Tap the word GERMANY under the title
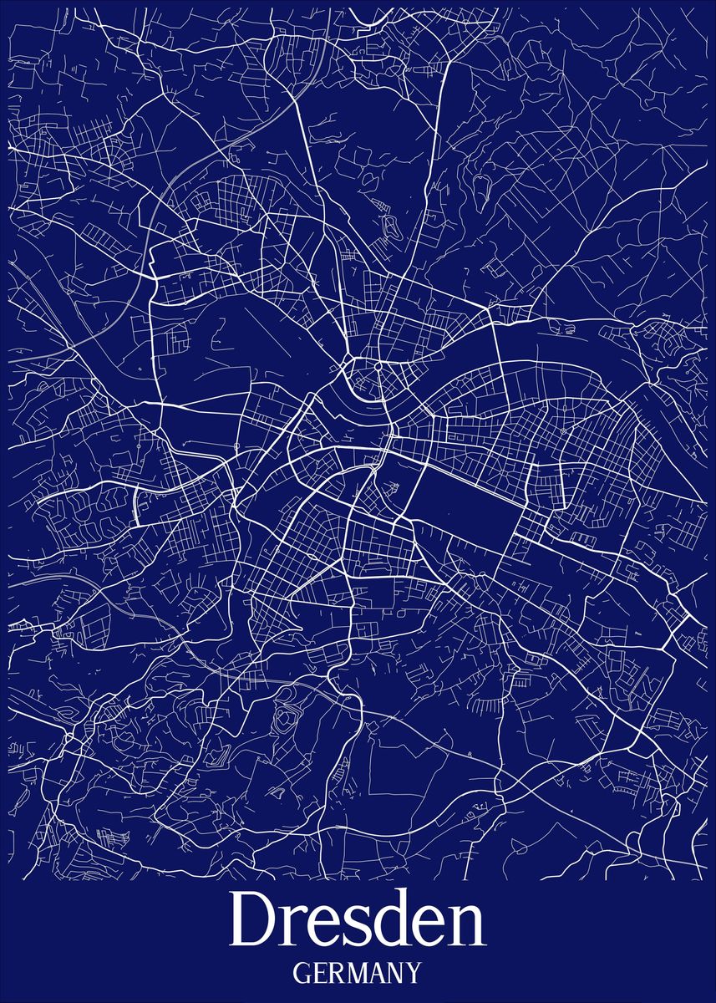point(358,974)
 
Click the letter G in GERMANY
point(302,974)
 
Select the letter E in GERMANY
point(320,974)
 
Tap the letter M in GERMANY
point(357,974)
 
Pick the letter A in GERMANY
point(378,974)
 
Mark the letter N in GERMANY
point(396,974)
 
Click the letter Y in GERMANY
point(414,974)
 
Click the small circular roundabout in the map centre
point(378,366)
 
